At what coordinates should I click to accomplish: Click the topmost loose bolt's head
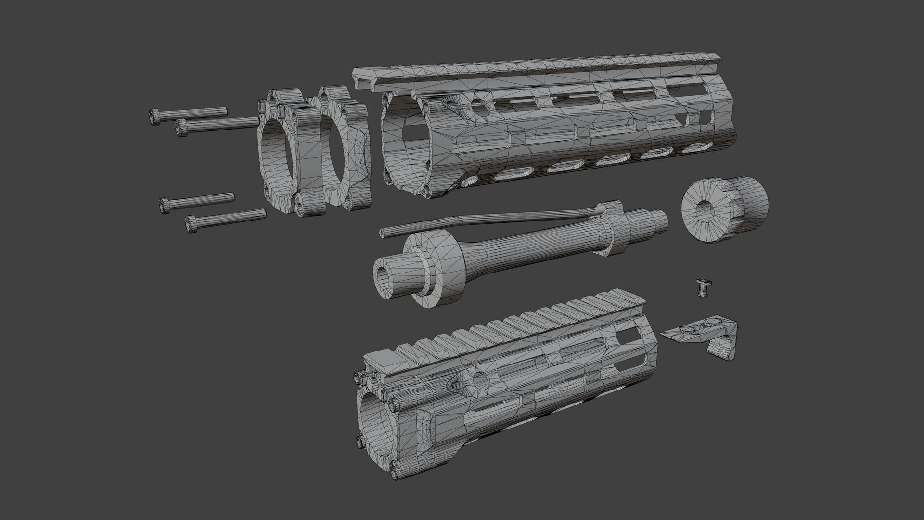tap(154, 117)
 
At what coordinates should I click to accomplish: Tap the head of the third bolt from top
tap(165, 206)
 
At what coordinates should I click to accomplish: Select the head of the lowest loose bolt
tap(192, 223)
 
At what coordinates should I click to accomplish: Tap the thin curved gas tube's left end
tap(383, 234)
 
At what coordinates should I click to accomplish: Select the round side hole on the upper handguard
tap(479, 107)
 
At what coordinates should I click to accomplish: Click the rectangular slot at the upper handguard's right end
tap(706, 117)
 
